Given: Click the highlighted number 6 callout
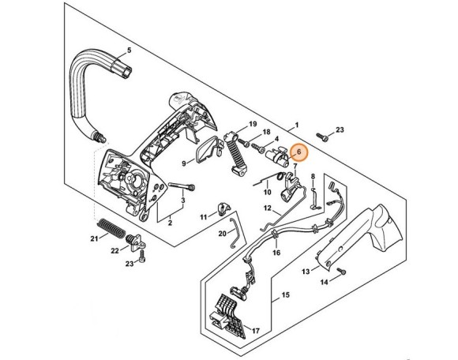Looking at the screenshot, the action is click(298, 152).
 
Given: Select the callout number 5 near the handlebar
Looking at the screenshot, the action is click(129, 51).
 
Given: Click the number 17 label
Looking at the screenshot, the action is click(256, 331).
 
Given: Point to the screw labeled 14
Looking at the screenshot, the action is click(341, 271).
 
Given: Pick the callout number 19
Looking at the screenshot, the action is click(253, 124).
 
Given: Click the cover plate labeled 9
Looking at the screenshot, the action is click(208, 149).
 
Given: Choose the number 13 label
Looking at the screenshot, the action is click(306, 272).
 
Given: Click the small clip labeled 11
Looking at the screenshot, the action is click(223, 208).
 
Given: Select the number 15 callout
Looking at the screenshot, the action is click(285, 295).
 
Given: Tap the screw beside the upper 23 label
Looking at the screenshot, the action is click(321, 137).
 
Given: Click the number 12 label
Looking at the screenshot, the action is click(267, 208).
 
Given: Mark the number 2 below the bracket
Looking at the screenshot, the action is click(170, 223).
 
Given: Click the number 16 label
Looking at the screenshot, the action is click(276, 253).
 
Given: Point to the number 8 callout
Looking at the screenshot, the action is click(313, 176).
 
